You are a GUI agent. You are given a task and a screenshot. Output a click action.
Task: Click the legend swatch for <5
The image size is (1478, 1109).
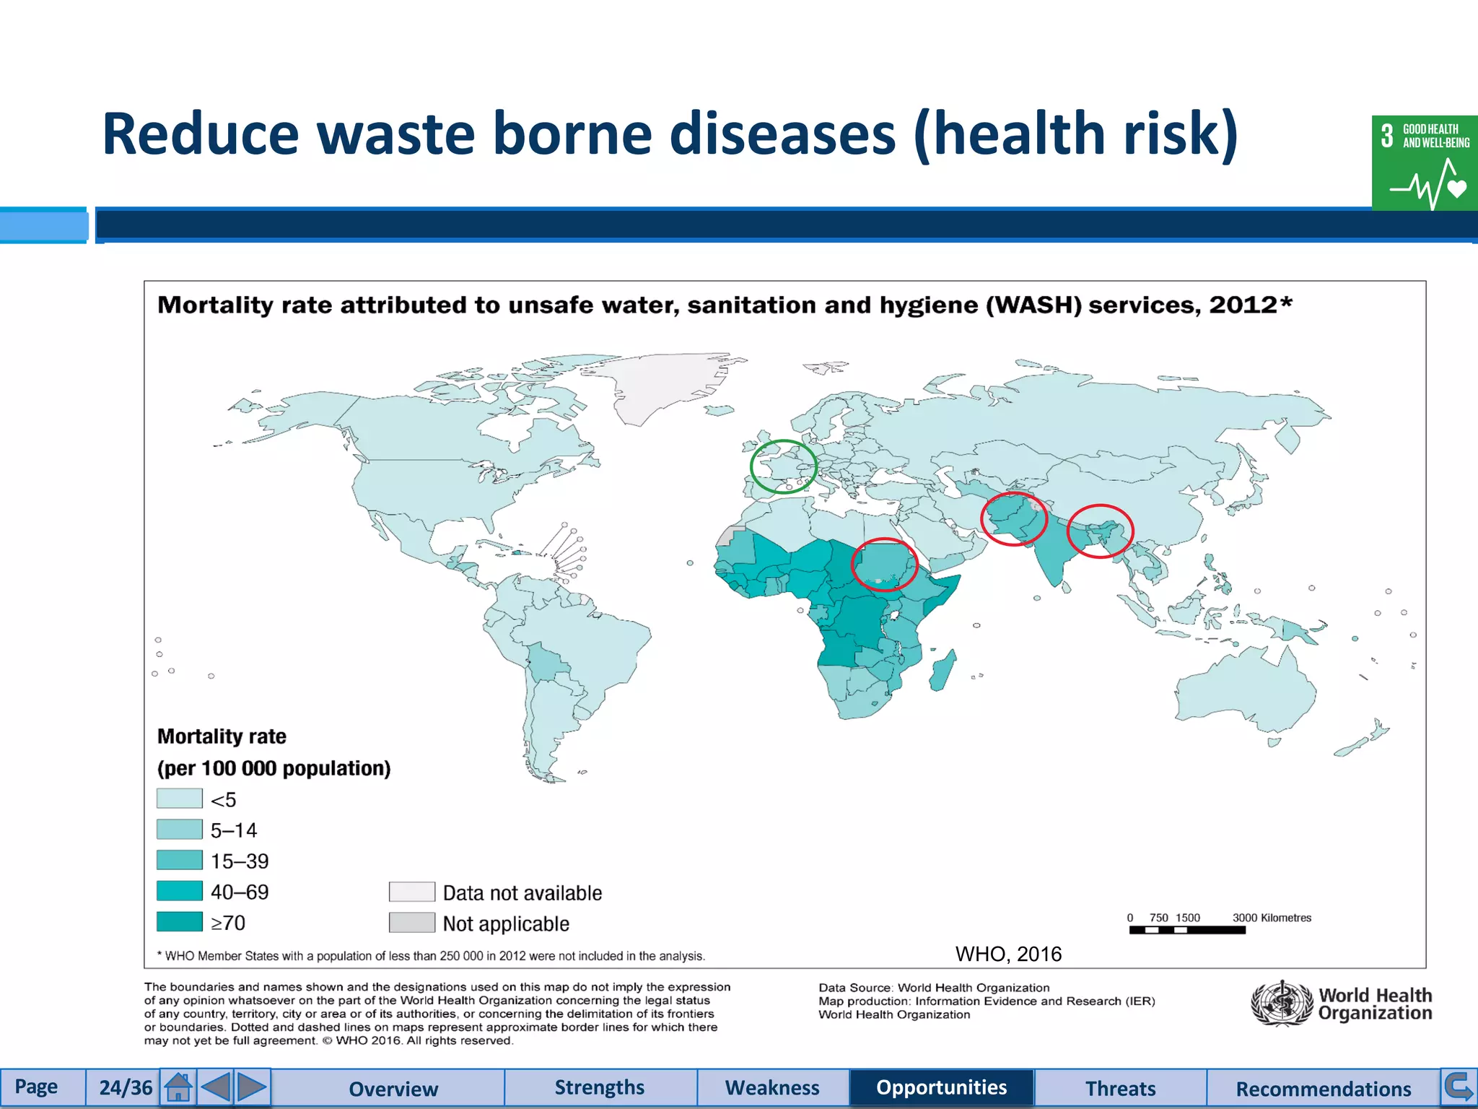(180, 799)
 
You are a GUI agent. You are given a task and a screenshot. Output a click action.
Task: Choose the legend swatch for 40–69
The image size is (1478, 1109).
(180, 891)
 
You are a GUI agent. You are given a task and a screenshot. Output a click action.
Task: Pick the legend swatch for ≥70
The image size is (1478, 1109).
(180, 922)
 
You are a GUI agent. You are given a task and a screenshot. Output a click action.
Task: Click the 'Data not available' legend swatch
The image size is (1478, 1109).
(412, 892)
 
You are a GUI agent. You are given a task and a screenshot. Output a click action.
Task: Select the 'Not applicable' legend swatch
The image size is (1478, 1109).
(412, 923)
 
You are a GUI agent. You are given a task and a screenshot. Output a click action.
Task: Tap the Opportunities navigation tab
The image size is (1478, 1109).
(941, 1087)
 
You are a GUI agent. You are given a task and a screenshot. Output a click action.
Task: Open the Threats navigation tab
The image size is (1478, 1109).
(1120, 1088)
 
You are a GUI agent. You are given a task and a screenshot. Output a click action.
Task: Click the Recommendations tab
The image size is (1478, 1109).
(1323, 1088)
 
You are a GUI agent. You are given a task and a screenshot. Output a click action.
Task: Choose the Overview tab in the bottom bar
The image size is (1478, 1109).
(393, 1088)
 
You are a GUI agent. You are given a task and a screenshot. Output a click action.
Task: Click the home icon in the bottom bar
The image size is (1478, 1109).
(178, 1087)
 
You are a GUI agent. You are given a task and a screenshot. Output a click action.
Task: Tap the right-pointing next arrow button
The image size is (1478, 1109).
(251, 1087)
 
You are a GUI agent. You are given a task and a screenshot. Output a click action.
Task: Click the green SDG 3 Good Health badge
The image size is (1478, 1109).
(1425, 163)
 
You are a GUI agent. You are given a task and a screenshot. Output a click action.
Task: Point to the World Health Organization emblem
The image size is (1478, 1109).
(1281, 1003)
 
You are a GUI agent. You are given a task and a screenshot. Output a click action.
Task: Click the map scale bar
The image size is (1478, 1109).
(1187, 930)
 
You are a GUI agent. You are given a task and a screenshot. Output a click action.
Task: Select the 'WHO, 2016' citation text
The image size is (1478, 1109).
(1008, 954)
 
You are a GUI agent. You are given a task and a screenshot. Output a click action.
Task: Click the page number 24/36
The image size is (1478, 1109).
(126, 1088)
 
